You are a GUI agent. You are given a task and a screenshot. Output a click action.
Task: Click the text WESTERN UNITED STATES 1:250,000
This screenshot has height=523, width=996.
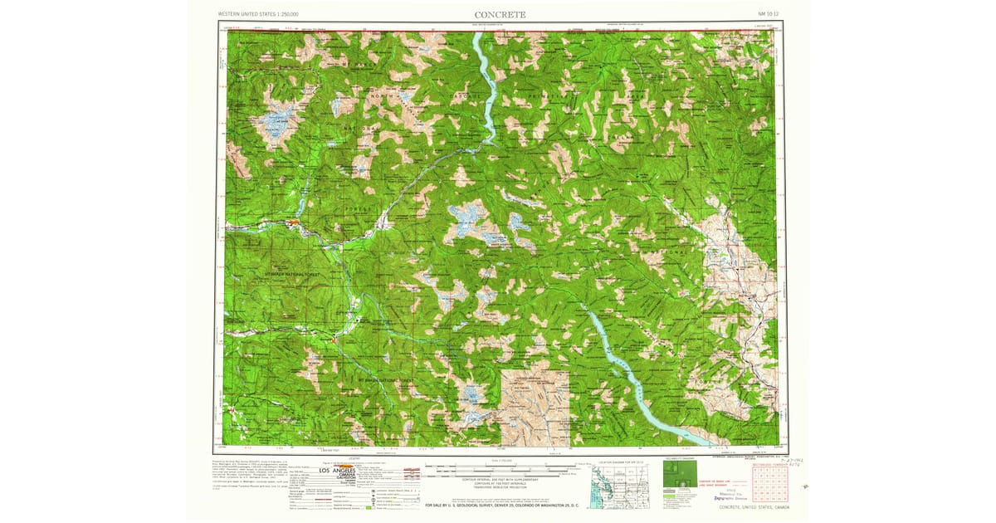(x=257, y=14)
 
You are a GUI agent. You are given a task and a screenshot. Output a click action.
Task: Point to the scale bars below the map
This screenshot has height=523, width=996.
(x=498, y=471)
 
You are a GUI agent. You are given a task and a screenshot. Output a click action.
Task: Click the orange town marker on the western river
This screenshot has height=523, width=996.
(x=292, y=222)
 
